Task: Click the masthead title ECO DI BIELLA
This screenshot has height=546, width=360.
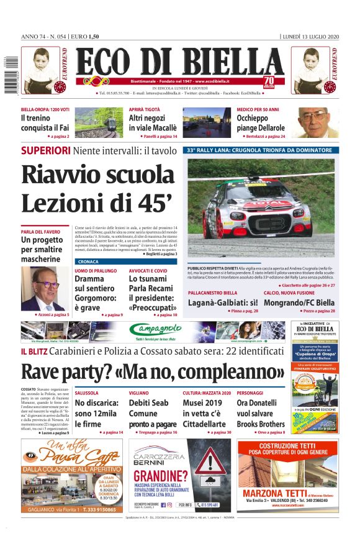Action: tap(179, 62)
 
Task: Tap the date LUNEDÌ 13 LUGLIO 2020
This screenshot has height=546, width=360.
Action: tap(308, 36)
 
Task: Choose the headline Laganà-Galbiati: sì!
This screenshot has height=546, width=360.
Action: tap(222, 303)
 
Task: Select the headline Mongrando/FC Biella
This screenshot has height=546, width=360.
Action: tap(299, 303)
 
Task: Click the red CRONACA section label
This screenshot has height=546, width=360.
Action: tap(88, 262)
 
